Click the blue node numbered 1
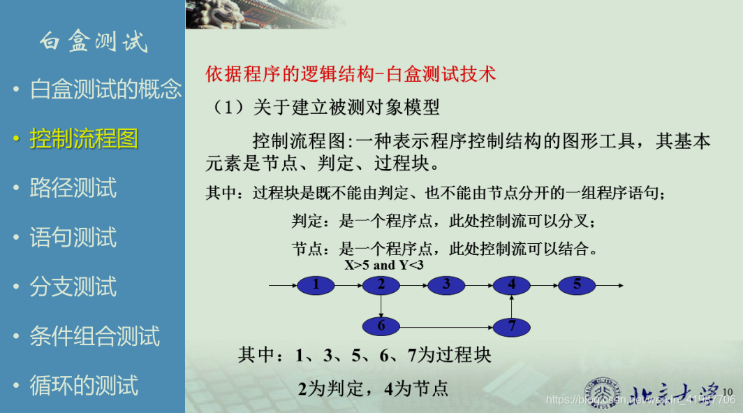click(x=316, y=285)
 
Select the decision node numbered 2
click(x=381, y=285)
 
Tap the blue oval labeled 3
click(x=446, y=285)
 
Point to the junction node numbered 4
click(x=511, y=285)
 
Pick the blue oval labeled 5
click(x=577, y=285)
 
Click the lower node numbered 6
click(x=381, y=327)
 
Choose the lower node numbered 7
click(x=511, y=327)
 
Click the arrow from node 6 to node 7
click(x=446, y=327)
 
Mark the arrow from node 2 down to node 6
click(x=381, y=306)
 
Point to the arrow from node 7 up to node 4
click(x=511, y=306)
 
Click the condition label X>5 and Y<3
click(x=384, y=265)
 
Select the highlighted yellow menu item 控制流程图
click(x=84, y=138)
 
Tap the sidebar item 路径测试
click(x=73, y=188)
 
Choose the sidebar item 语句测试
click(x=73, y=237)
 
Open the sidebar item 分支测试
click(x=73, y=287)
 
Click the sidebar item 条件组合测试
click(x=95, y=335)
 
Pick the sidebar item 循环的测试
click(x=84, y=385)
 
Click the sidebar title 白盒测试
click(x=94, y=41)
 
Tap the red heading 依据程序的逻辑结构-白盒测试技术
click(x=351, y=74)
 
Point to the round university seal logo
click(x=602, y=393)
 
